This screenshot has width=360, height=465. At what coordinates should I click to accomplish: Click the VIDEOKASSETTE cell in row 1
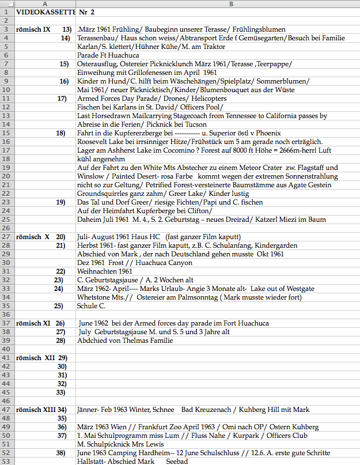[46, 12]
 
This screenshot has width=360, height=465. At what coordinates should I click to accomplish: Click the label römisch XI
[33, 323]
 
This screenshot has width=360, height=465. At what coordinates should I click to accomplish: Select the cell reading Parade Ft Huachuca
[104, 55]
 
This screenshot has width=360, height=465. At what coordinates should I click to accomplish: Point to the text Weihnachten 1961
[105, 271]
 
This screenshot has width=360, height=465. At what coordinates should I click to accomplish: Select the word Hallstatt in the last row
[92, 462]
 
